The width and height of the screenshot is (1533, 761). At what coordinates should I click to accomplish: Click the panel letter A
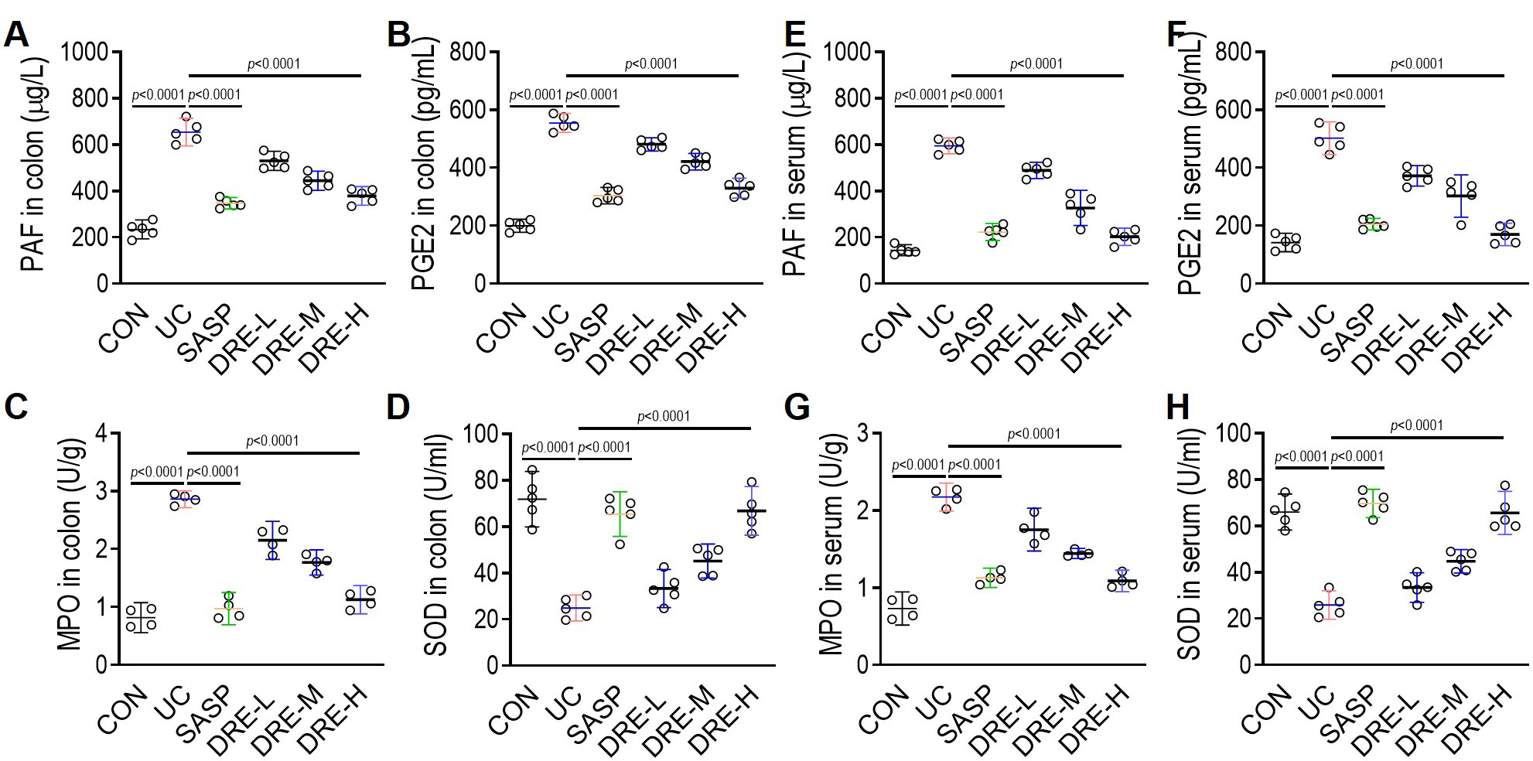17,35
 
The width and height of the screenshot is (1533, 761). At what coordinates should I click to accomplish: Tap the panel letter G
797,407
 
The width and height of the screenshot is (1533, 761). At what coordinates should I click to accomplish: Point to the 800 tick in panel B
469,53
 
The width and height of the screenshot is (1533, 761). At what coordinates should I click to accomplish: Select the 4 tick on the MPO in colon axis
102,433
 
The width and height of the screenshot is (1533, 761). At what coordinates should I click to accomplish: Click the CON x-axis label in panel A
125,329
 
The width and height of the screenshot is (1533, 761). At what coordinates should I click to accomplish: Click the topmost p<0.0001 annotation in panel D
664,416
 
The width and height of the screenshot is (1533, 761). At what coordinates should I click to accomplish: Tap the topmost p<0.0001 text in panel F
1417,63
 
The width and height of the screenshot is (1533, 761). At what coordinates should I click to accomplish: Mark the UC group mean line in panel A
186,132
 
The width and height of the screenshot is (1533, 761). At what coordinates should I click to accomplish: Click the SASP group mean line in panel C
229,609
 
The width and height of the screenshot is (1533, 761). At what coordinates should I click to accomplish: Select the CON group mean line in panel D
532,500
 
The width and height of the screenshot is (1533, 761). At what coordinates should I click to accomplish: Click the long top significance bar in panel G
1034,446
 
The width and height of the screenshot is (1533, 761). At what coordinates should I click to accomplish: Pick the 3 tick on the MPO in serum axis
862,433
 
